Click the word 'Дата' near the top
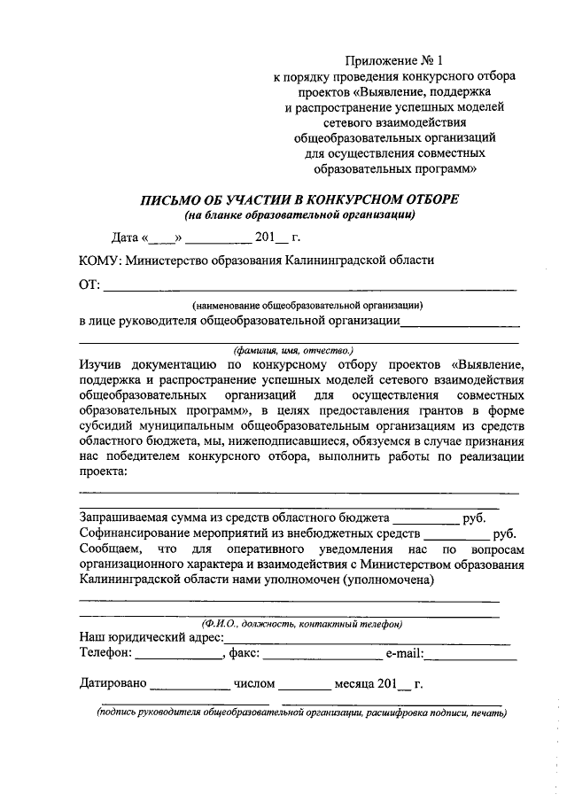coord(126,237)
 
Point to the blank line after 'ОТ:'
coord(310,287)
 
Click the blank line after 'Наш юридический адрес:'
coord(368,640)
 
